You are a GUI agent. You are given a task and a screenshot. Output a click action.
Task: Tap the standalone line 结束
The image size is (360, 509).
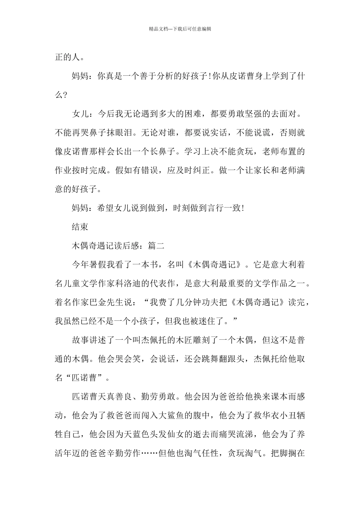click(80, 227)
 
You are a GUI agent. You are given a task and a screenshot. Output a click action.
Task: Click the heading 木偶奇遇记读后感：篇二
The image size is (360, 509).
click(118, 246)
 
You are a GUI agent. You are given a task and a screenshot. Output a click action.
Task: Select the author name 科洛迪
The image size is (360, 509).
click(187, 283)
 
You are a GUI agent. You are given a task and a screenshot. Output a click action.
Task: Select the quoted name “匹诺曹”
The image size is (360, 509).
click(85, 378)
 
